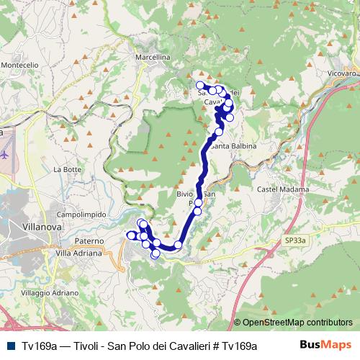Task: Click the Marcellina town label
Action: tap(152, 56)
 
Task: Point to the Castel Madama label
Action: tap(283, 189)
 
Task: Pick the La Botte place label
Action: tap(67, 169)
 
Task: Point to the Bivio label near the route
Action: tap(185, 194)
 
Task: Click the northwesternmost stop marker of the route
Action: tap(199, 86)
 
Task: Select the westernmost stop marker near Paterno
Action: tap(130, 235)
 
